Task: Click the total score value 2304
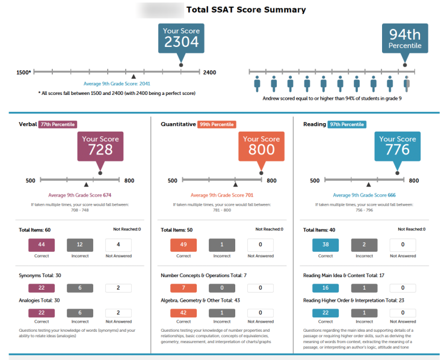tap(180, 42)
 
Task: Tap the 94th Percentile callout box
tap(405, 39)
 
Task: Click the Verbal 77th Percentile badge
tap(58, 124)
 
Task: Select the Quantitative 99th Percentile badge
tap(217, 124)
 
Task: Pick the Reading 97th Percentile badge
tap(347, 124)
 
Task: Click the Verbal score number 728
tap(100, 150)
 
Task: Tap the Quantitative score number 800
tap(261, 150)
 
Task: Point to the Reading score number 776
tap(397, 150)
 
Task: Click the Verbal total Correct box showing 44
tap(42, 245)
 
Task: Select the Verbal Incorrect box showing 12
tap(80, 245)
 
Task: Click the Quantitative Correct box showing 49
tap(183, 245)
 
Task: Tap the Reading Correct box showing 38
tap(325, 245)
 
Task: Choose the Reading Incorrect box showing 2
tap(364, 245)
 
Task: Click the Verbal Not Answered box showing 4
tap(119, 245)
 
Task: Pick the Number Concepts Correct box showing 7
tap(183, 288)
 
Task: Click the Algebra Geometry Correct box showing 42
tap(183, 313)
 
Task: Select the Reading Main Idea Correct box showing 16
tap(325, 288)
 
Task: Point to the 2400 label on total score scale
tap(209, 73)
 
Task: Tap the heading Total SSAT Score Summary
tap(245, 10)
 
